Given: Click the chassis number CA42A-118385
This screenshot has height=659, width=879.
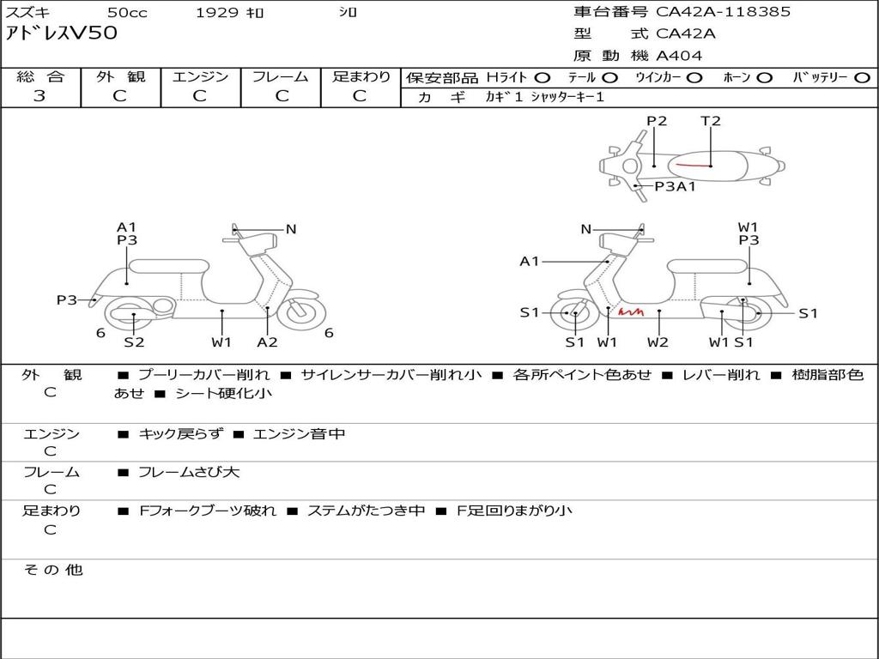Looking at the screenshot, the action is coord(723,12).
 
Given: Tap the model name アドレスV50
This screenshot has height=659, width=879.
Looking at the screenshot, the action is coord(62,34).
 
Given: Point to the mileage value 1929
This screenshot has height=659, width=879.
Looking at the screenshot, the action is coord(217,12).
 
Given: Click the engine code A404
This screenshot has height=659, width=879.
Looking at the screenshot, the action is coord(679,56).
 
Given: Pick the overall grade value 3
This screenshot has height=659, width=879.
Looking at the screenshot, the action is coord(39,96).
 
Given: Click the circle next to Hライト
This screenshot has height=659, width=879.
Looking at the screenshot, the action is coord(543,77).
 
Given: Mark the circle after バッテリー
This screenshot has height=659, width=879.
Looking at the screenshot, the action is coord(863,77).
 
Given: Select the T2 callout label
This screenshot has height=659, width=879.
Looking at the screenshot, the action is coord(711,121).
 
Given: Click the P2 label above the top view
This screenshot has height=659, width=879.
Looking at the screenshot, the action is coord(657,121).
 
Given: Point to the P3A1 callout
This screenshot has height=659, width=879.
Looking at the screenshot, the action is coord(676,185).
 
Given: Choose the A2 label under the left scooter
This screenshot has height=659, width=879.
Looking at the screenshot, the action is coord(268,342).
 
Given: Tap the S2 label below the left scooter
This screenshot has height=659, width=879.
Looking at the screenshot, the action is coord(134,342).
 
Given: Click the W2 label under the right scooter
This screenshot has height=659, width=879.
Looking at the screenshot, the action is coord(658,342).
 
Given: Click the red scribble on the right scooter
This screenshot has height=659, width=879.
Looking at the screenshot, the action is coord(631,312).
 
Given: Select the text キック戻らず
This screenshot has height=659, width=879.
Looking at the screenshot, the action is coord(180,434).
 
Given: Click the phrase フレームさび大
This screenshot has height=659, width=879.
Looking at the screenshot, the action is coord(189,472).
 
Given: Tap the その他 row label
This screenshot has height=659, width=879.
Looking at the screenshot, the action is coord(52,569).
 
